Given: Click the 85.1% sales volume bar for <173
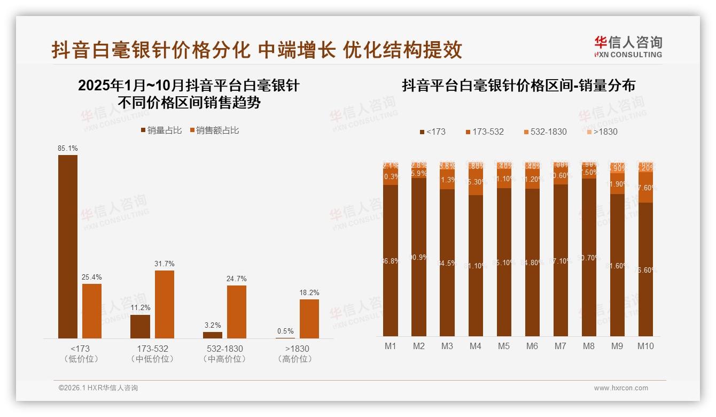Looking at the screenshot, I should [68, 246].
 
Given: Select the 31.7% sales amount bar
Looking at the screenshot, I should [165, 304].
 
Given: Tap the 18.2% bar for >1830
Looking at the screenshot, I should [309, 319].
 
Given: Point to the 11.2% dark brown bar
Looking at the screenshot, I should [140, 326].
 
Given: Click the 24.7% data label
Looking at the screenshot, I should [237, 279].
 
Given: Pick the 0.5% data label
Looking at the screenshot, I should [285, 331].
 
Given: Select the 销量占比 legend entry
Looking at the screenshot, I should [161, 130].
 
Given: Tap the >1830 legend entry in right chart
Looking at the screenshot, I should [601, 132].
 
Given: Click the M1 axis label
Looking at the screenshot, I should [391, 346].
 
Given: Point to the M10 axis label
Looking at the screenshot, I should [645, 346].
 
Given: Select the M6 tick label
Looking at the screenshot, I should [532, 346].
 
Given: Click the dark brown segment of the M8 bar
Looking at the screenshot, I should [589, 257].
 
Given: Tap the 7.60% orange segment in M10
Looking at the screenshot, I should [645, 188].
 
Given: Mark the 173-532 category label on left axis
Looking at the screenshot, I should [153, 349].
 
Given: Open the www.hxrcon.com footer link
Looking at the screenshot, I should [621, 388].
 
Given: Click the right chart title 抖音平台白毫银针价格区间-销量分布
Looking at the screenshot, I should [518, 86].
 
